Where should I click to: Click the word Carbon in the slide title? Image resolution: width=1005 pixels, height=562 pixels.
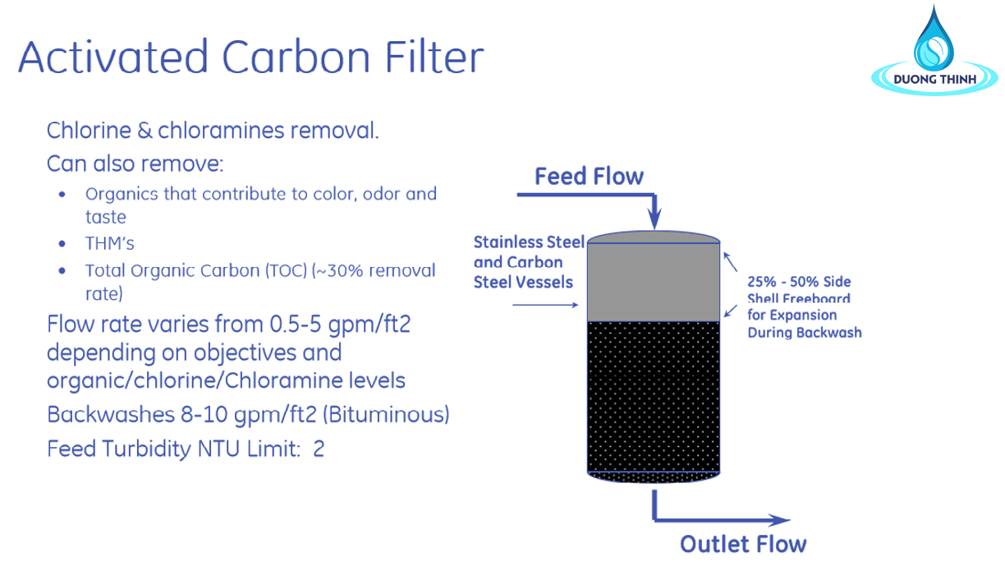[x=296, y=57]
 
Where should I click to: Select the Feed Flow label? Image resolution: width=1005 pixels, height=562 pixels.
[x=589, y=176]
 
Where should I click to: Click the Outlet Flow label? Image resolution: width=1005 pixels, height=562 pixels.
[x=743, y=544]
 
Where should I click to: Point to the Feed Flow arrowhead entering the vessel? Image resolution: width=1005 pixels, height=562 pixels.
[x=654, y=219]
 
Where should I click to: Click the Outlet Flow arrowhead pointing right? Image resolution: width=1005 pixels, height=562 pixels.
[x=778, y=520]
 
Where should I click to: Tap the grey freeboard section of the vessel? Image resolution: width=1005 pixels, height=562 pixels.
[x=654, y=282]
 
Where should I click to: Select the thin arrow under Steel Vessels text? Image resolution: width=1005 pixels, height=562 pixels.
[x=545, y=306]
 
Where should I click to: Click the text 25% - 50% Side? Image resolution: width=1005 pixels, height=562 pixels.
[x=799, y=282]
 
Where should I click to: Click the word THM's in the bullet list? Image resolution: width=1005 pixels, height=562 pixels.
[x=110, y=243]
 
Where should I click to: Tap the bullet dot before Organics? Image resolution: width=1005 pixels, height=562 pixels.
[x=62, y=195]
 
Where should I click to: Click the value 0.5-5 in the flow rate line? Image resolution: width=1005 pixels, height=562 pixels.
[x=296, y=324]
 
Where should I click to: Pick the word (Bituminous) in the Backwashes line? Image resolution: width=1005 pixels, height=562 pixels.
[x=386, y=414]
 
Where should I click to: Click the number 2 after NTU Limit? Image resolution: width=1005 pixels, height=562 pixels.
[x=319, y=449]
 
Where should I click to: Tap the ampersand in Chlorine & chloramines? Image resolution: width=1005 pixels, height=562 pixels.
[x=145, y=131]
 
